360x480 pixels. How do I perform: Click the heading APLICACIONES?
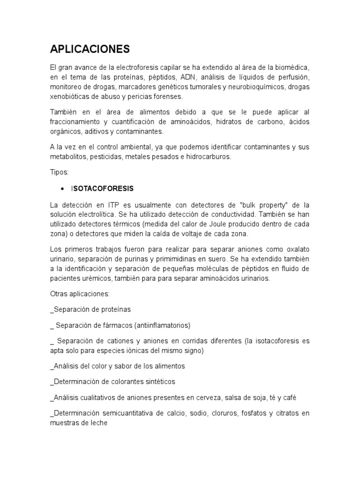pos(90,49)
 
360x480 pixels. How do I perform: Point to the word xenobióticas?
pos(70,97)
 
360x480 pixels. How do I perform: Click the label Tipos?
pos(59,172)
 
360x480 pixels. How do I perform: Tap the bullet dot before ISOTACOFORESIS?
pos(62,188)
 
